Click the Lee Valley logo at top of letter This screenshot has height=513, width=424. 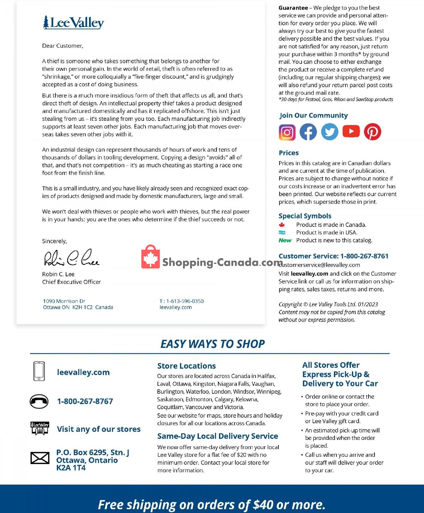pos(73,23)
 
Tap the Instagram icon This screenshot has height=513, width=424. pos(287,132)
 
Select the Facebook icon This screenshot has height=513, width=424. pos(308,132)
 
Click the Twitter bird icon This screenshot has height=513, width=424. pos(329,132)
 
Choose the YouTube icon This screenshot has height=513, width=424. pos(351,131)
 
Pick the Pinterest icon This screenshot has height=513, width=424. pos(372,132)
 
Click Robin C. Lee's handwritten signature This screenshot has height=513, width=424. pos(72,258)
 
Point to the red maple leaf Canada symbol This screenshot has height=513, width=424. pos(282,225)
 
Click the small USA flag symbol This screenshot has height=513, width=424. pos(282,232)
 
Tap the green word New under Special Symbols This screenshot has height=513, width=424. pos(285,240)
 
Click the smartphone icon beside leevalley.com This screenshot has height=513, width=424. pos(39,371)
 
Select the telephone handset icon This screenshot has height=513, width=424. pos(39,401)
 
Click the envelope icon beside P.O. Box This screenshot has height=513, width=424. pos(40,458)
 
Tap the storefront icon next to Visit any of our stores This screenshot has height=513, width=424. pos(40,428)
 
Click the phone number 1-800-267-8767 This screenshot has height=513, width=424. pos(85,401)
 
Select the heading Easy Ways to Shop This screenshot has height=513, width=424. pos(212,344)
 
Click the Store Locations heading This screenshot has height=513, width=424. pos(186,366)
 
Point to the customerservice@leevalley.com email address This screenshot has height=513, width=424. pos(320,265)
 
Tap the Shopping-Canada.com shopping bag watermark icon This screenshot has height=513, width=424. pos(151,257)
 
